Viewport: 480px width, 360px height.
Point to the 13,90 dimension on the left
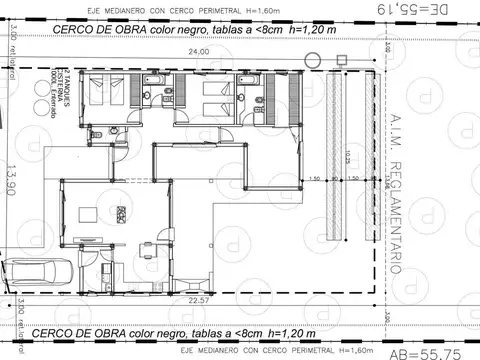point(13,180)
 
